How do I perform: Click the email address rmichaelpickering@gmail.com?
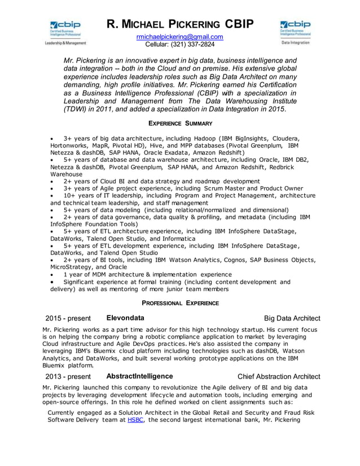(x=179, y=37)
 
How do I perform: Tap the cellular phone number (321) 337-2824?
(x=180, y=45)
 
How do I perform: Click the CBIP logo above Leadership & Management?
(x=65, y=28)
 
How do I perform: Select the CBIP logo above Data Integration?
(x=295, y=28)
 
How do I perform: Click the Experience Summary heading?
(x=180, y=124)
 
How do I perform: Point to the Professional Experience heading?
(x=180, y=304)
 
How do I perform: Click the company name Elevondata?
(x=125, y=318)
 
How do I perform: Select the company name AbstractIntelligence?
(x=139, y=376)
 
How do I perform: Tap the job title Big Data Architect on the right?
(x=288, y=318)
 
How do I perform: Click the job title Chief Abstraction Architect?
(x=279, y=377)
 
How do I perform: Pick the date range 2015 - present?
(x=67, y=318)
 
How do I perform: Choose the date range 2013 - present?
(x=67, y=377)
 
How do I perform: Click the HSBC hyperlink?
(x=135, y=420)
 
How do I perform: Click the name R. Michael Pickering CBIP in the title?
(x=180, y=24)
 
